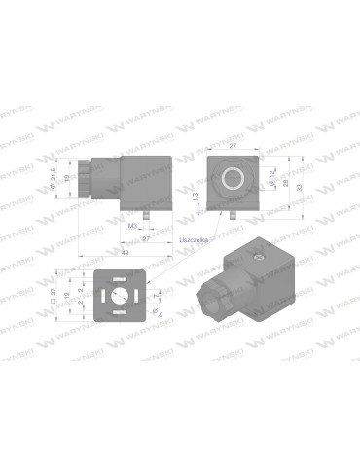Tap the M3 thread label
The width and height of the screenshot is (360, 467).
[x=132, y=223]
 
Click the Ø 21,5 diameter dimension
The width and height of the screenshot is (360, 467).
[x=54, y=178]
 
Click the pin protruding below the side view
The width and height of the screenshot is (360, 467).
[x=144, y=209]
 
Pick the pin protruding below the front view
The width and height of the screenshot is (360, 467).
[x=234, y=209]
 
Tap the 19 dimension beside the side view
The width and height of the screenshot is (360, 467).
[x=67, y=181]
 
